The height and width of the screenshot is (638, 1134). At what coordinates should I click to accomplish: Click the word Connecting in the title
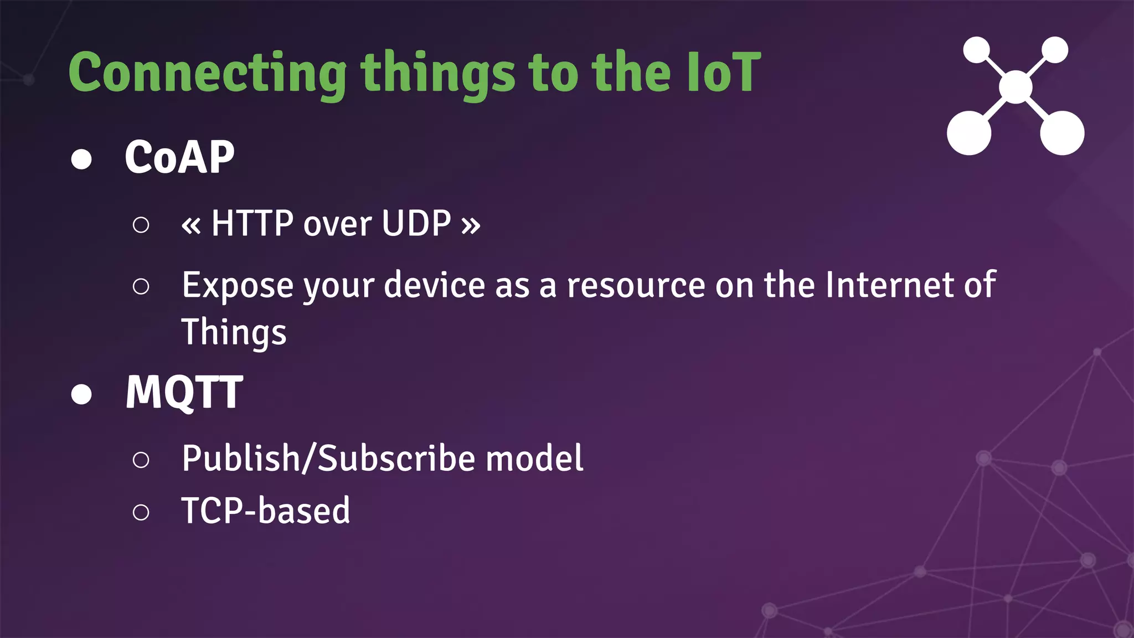tap(207, 73)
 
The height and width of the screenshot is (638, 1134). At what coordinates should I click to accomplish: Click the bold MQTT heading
tap(184, 392)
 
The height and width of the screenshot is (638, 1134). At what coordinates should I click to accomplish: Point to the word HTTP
tap(252, 224)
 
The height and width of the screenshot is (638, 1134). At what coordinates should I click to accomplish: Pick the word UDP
tap(416, 224)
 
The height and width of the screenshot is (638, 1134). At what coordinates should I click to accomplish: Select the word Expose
tap(238, 286)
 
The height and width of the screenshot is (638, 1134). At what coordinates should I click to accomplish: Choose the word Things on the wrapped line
tap(234, 332)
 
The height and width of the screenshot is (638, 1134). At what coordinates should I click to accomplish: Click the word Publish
tap(241, 459)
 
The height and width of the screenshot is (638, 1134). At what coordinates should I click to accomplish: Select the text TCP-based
tap(266, 511)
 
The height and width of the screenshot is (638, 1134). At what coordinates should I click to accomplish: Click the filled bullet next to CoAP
tap(81, 159)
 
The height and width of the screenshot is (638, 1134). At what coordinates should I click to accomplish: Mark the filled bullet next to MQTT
tap(81, 394)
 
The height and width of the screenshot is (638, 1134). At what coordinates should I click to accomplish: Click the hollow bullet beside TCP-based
tap(141, 512)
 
